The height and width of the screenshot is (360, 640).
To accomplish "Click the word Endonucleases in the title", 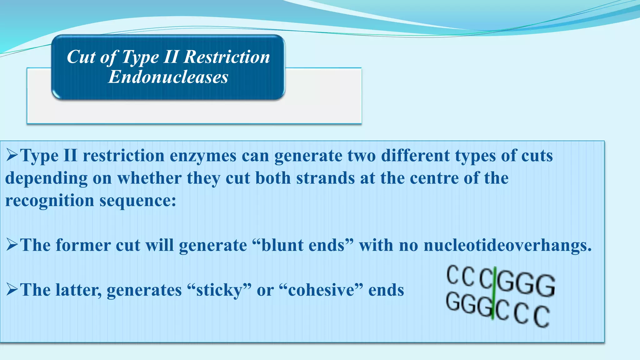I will (168, 77).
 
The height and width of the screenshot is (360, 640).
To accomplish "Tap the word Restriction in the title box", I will (227, 57).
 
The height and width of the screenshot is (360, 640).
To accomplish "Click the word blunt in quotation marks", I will (283, 245).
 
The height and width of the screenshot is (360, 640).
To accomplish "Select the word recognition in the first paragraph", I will (50, 201).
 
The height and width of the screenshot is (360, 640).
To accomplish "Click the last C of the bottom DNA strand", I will (541, 316).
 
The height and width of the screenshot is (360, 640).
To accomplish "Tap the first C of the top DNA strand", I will (452, 275).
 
